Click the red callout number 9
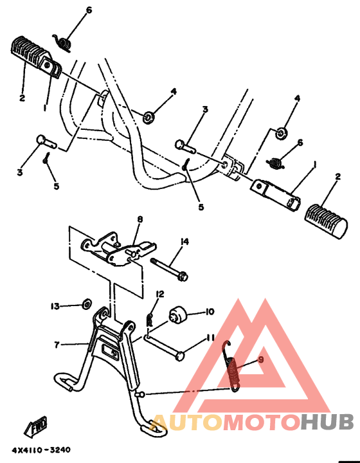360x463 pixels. [x=260, y=359]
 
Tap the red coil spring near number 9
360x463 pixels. [x=232, y=368]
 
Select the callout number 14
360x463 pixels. [x=184, y=242]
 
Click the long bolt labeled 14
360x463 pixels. [x=169, y=269]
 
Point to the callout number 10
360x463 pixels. [x=210, y=312]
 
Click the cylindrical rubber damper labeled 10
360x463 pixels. [x=177, y=315]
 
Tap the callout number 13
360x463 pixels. [x=55, y=306]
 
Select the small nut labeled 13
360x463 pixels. [x=87, y=304]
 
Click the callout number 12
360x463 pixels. [x=160, y=294]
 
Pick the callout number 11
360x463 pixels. [x=210, y=337]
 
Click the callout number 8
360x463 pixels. [x=140, y=220]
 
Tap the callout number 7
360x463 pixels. [x=57, y=345]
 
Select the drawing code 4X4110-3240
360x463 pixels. [x=41, y=450]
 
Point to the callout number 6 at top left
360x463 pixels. [x=89, y=10]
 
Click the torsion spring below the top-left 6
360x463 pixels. [x=62, y=43]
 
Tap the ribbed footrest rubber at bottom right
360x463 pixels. [x=326, y=221]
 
